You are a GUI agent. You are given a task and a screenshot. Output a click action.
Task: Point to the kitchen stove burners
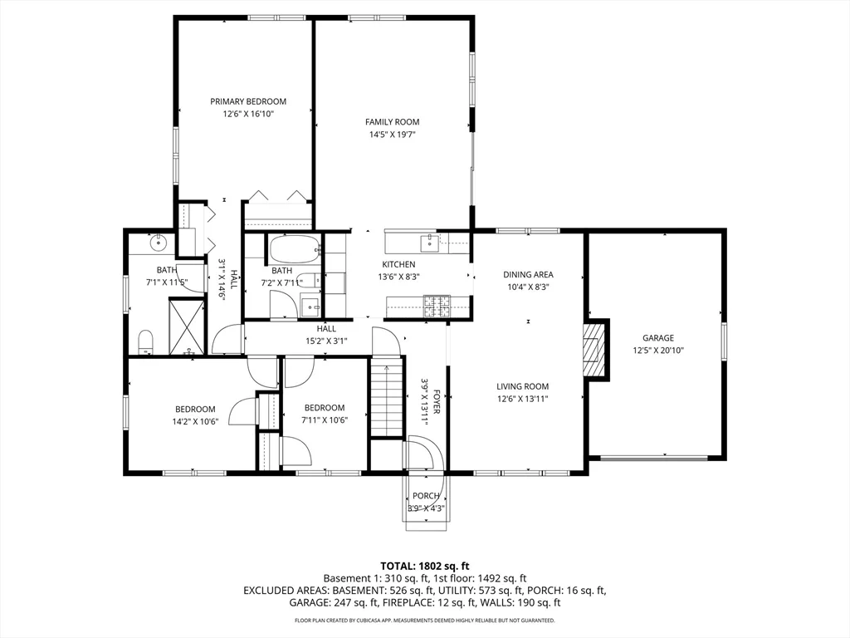coord(435,307)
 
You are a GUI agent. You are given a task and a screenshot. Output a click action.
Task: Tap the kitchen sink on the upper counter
coord(430,243)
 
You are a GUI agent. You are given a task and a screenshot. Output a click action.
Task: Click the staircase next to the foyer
coord(385,400)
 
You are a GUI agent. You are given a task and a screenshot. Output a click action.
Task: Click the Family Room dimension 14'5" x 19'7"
coord(392,135)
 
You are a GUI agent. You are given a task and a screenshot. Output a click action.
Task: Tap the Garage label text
coord(657,338)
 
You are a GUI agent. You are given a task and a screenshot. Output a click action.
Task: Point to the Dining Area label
coord(528,274)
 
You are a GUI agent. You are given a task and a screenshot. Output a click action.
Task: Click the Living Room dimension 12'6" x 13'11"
coord(522,399)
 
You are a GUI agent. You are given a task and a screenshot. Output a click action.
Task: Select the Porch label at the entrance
coord(426,496)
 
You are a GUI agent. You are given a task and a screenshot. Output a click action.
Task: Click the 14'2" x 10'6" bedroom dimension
coord(194,420)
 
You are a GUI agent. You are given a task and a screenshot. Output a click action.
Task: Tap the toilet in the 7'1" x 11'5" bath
coord(146,340)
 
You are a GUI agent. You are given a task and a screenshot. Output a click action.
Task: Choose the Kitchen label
coord(398,264)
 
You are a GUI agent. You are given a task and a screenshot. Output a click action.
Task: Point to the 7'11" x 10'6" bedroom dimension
coord(324,420)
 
